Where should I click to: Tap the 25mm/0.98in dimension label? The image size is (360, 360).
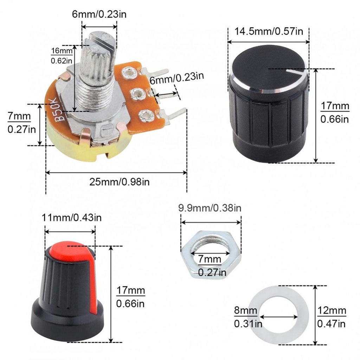[120, 182]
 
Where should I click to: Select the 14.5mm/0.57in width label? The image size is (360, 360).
[269, 31]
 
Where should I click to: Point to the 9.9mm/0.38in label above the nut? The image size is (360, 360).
[210, 208]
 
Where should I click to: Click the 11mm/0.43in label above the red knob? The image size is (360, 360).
[72, 217]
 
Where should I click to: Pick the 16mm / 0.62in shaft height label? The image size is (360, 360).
[62, 56]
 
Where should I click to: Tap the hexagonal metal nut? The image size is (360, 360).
[211, 255]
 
